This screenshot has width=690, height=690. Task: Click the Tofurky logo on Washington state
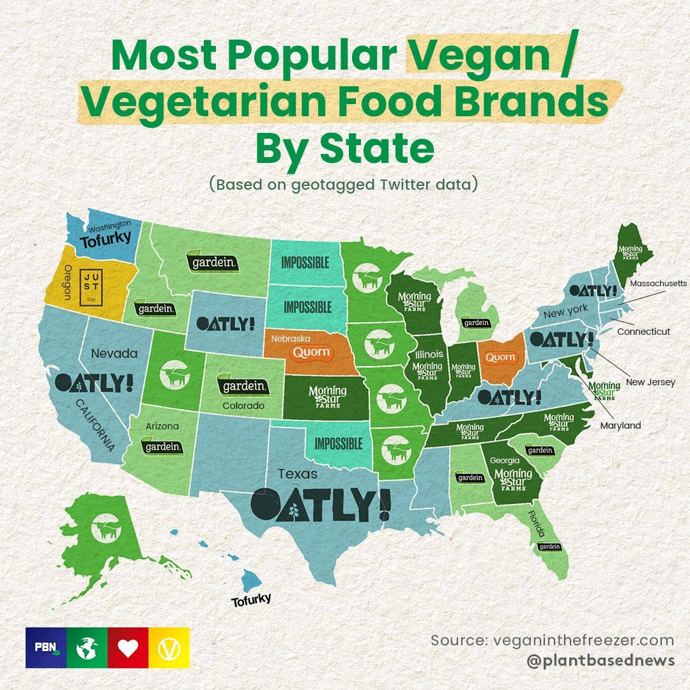[105, 240]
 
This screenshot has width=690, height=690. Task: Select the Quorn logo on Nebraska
[311, 352]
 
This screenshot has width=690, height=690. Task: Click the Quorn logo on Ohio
[500, 357]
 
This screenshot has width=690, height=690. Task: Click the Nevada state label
[114, 353]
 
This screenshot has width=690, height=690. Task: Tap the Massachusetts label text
[658, 283]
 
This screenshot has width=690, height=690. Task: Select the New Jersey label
[650, 382]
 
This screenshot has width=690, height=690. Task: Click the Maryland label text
[620, 425]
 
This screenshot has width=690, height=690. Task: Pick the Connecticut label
[643, 332]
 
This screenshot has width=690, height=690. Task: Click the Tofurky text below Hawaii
[251, 599]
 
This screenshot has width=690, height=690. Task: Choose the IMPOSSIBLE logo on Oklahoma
[338, 443]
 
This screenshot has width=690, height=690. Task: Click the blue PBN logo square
[46, 648]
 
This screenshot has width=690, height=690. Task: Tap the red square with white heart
[128, 648]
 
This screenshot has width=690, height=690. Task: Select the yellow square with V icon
[169, 648]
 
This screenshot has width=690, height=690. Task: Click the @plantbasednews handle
[601, 660]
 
